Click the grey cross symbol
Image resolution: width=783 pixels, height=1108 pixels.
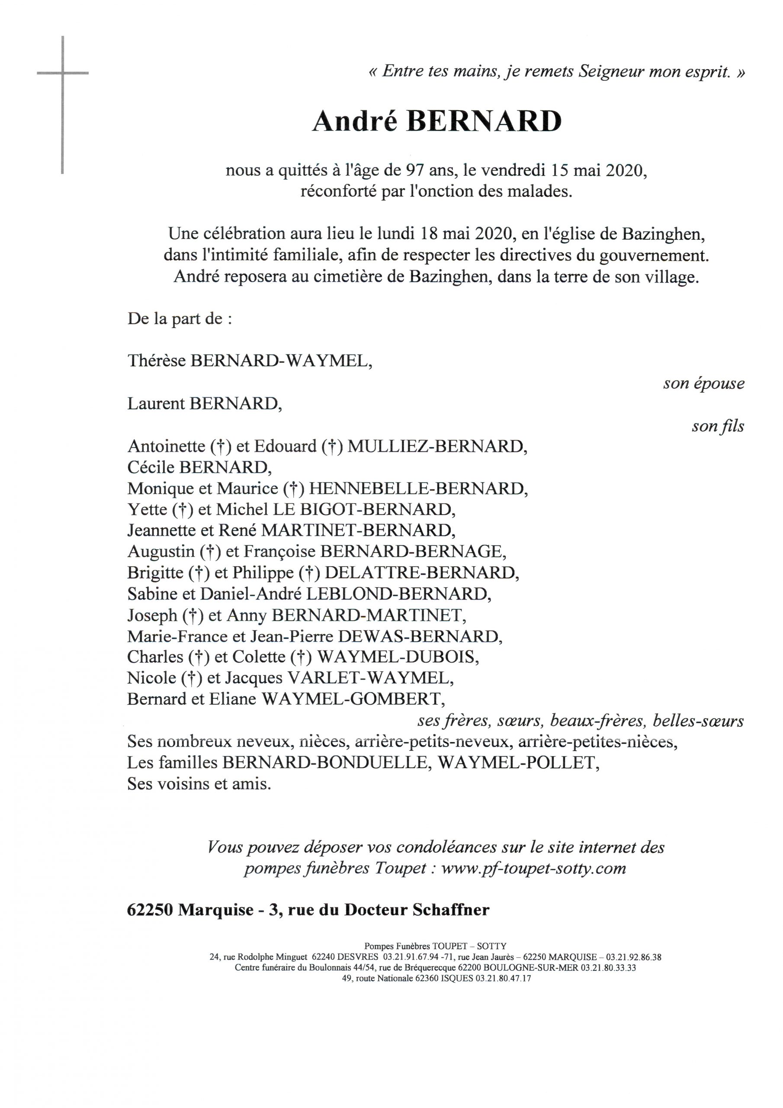click(x=63, y=73)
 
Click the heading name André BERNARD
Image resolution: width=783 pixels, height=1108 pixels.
click(x=436, y=122)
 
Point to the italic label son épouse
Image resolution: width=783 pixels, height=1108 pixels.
click(x=703, y=383)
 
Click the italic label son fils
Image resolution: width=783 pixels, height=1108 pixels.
click(x=717, y=426)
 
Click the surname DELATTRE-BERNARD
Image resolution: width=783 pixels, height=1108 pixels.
click(x=422, y=573)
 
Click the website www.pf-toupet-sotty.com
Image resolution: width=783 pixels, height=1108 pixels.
click(x=533, y=869)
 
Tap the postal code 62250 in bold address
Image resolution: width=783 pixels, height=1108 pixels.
click(x=150, y=910)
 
